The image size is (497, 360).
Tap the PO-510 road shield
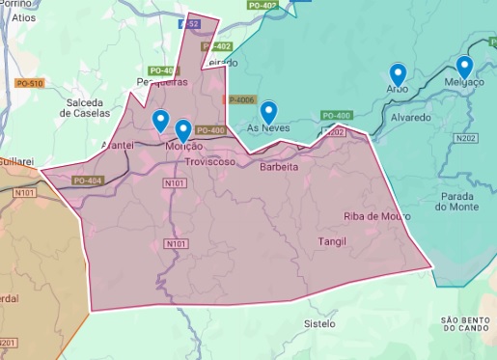pos(29,84)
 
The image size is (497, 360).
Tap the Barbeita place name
pos(279,167)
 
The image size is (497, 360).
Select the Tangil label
pos(330,240)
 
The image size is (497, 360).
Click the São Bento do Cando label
pos(466,323)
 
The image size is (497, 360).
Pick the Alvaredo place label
pos(410,118)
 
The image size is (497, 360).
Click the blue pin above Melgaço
pos(464,66)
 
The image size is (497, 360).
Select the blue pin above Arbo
pos(398,72)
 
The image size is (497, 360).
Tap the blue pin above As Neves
pos(268,111)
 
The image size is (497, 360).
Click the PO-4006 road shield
pos(238,99)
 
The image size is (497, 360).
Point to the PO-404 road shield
pos(86,180)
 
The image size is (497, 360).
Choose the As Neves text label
pos(266,127)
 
